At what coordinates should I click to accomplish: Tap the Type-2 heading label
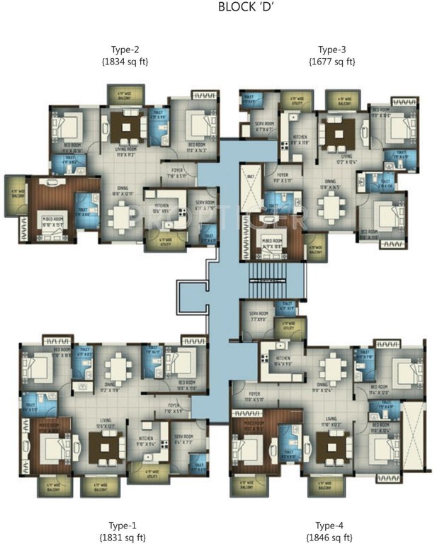[125, 50]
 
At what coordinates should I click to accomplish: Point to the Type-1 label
[114, 525]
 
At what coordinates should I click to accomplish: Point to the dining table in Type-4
[331, 367]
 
